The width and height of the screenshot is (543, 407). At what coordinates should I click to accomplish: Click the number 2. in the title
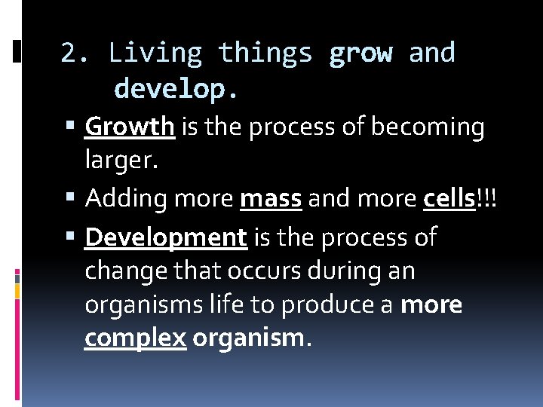[75, 54]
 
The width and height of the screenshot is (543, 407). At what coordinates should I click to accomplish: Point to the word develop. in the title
[176, 90]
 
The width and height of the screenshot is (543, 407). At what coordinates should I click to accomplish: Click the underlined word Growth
[130, 127]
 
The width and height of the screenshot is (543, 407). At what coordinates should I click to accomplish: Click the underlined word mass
[271, 198]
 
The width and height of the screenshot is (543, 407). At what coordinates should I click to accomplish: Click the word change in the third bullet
[126, 270]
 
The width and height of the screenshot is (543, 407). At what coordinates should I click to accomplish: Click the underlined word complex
[135, 339]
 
